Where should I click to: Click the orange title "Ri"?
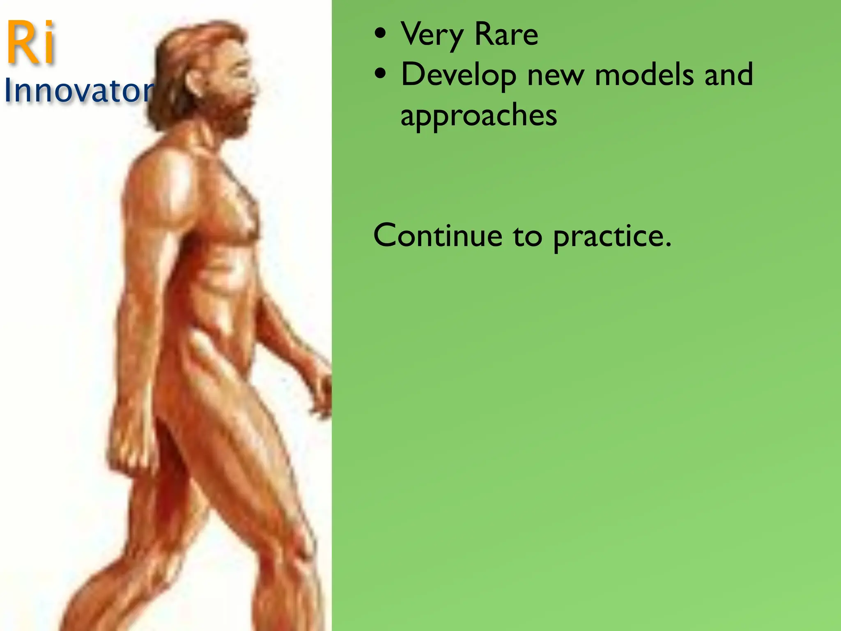[x=31, y=43]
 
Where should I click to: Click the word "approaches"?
[x=479, y=116]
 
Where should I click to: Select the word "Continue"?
[x=438, y=236]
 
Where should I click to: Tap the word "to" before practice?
[x=527, y=237]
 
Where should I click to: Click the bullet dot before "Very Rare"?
[x=381, y=35]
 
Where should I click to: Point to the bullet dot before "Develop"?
[x=381, y=75]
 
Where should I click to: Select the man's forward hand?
[x=322, y=390]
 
